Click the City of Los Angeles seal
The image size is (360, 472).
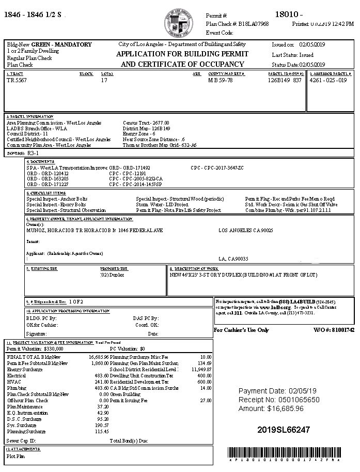pos(178,23)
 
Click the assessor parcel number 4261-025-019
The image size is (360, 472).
pos(328,81)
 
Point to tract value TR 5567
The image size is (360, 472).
pos(17,81)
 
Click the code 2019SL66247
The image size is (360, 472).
pos(284,430)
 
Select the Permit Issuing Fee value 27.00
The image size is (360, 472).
pos(206,401)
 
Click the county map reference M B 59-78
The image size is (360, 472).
pos(221,81)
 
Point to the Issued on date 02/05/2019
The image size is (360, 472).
pos(311,45)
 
